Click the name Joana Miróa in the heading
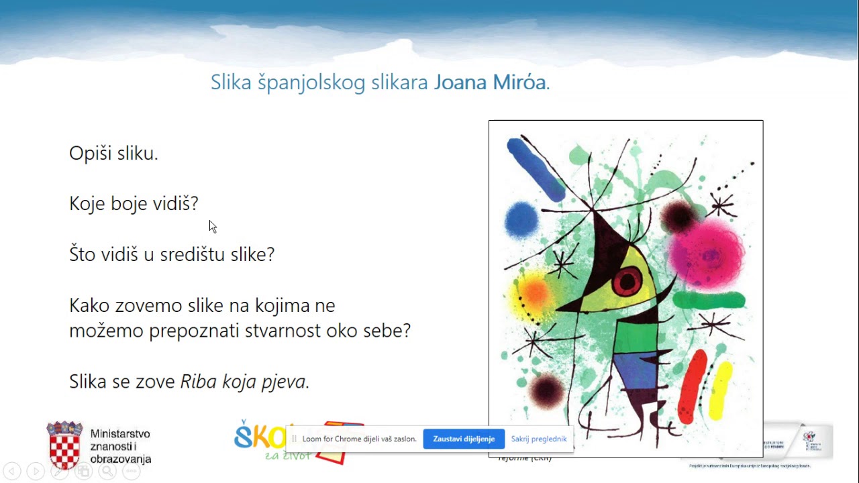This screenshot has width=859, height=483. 490,83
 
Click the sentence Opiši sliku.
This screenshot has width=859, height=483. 113,154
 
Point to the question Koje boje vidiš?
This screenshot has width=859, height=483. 134,203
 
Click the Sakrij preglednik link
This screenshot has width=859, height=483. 538,439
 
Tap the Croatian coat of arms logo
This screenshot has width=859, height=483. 64,445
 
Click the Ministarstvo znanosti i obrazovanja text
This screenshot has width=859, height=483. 120,447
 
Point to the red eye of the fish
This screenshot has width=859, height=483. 627,280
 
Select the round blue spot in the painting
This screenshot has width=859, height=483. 521,219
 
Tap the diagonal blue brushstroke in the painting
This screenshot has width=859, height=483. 536,169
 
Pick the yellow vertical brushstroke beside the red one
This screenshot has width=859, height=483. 720,390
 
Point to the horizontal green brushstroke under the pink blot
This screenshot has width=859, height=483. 708,300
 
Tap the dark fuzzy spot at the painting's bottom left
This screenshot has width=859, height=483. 546,388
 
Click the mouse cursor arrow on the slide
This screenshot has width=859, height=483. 213,227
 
